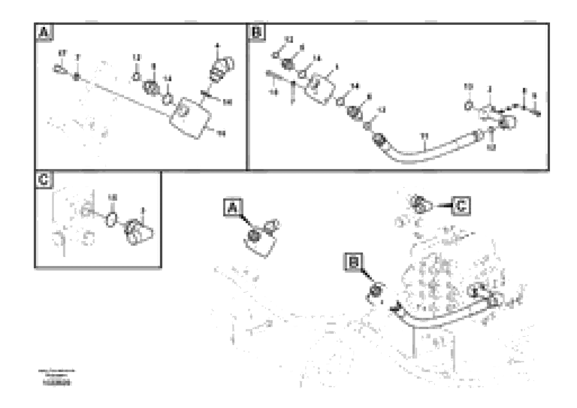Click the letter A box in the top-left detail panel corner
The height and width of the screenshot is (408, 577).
[x=44, y=32]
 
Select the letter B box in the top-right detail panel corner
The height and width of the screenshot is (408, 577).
[x=256, y=32]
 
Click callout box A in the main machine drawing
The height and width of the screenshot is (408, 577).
[x=233, y=208]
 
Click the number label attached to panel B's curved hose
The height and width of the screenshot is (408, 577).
[x=424, y=136]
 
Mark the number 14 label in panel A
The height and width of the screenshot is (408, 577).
[x=167, y=79]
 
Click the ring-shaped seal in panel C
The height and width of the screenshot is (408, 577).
[x=111, y=220]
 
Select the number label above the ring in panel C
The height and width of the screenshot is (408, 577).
[x=113, y=198]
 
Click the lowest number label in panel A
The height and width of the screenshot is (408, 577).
[x=221, y=133]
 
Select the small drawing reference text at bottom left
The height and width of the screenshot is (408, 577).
[x=57, y=377]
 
